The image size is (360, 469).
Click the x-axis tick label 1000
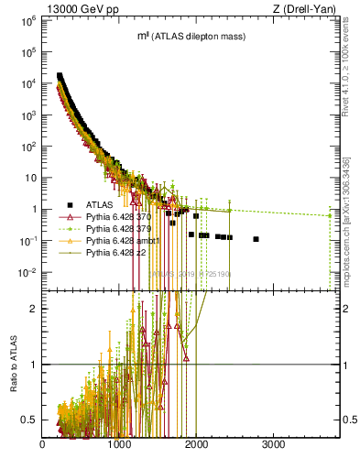tap(120, 446)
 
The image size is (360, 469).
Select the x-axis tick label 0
tap(43, 446)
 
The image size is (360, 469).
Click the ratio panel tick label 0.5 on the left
tap(29, 420)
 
